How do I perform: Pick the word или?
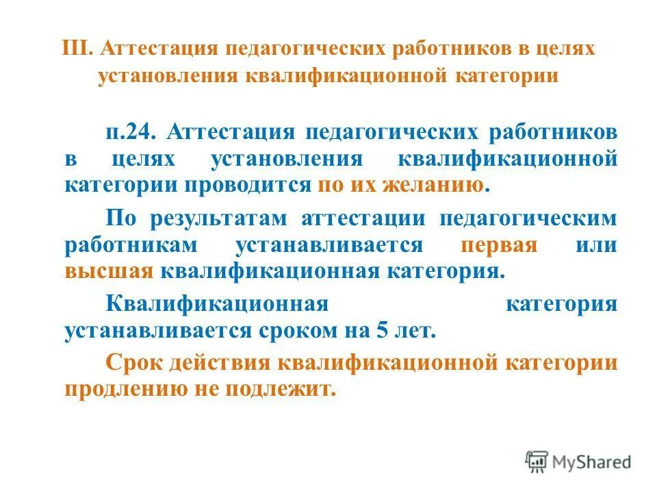point(596,245)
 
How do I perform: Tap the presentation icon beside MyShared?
point(537,462)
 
